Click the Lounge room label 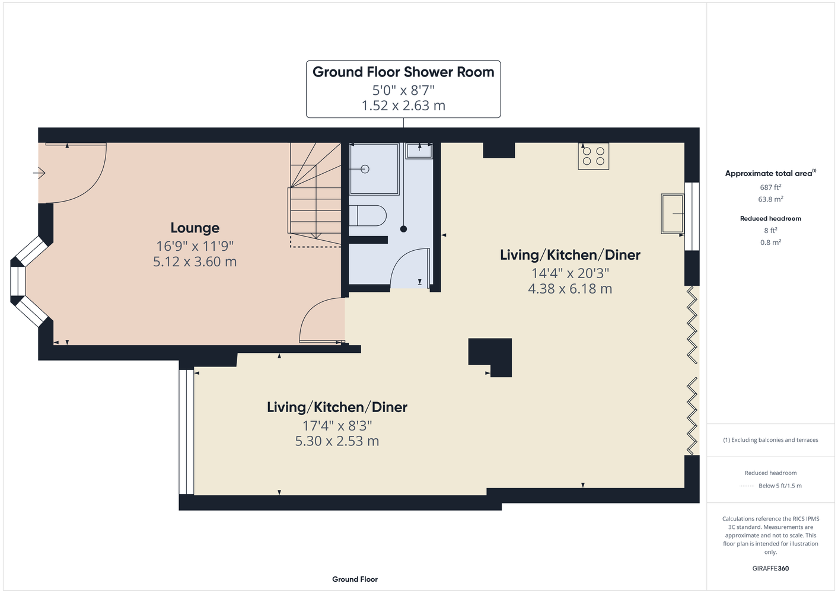click(x=195, y=228)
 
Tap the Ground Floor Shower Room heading click(x=403, y=72)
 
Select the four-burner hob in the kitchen click(x=593, y=156)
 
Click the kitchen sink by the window click(x=673, y=213)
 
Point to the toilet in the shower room click(x=367, y=215)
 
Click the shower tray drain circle click(x=365, y=169)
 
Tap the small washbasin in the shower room click(x=419, y=151)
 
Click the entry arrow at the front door click(x=39, y=173)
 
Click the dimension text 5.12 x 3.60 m click(x=195, y=262)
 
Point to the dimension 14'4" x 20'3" click(x=570, y=273)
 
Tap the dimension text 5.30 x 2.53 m click(x=337, y=441)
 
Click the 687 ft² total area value click(x=770, y=187)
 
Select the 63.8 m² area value click(x=770, y=199)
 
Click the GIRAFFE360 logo click(x=770, y=568)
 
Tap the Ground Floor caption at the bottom click(x=355, y=579)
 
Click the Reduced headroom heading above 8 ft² click(x=770, y=218)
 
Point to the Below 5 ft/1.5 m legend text click(x=780, y=486)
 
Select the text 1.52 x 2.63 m click(x=403, y=106)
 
